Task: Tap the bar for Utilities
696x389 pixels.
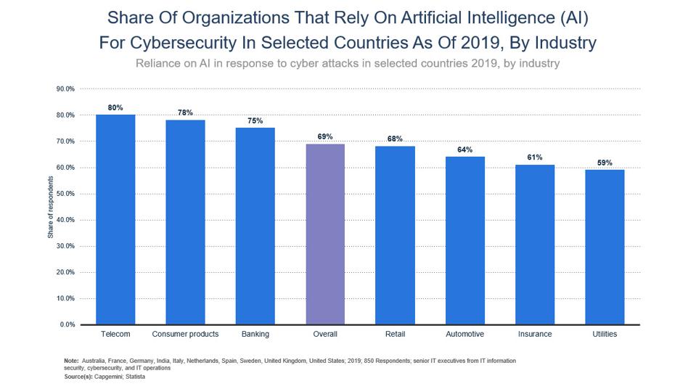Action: click(x=605, y=247)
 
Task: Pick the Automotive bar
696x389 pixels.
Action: click(x=465, y=240)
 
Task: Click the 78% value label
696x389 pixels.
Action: click(x=185, y=112)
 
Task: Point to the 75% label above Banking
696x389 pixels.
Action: click(x=255, y=120)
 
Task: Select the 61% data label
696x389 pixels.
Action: click(x=535, y=157)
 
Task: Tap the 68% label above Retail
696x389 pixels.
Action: click(x=395, y=139)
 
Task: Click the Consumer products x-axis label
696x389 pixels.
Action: click(x=185, y=334)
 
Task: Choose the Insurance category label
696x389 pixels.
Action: click(x=535, y=334)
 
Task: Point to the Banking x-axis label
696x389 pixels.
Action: click(x=255, y=334)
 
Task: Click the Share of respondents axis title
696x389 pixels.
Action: click(x=51, y=207)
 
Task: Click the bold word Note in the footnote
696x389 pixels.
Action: click(x=71, y=361)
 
